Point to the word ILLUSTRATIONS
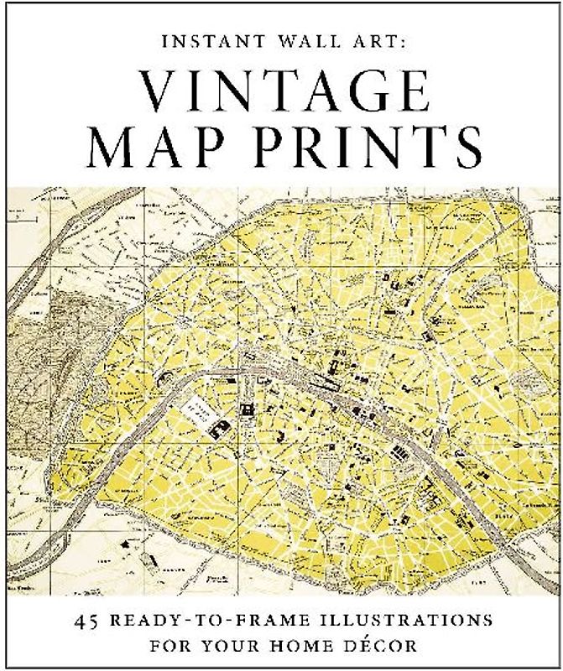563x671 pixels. pos(398,622)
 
